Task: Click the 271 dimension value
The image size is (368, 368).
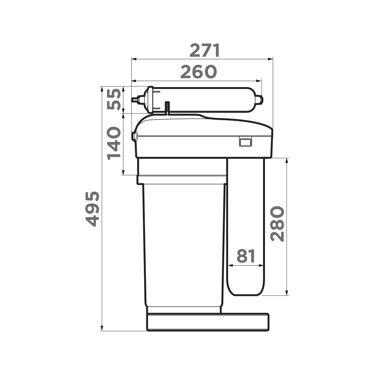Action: point(205,51)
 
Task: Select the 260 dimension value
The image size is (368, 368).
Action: point(198,72)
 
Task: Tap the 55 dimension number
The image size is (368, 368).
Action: point(113,100)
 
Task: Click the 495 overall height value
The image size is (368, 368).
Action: point(92,209)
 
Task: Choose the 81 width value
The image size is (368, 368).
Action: point(246,256)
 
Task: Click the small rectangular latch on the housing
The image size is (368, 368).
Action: point(245,142)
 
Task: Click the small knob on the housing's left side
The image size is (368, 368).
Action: point(134,136)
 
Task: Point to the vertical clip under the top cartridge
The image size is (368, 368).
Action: point(167,108)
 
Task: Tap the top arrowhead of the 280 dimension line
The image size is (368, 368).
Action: point(287,160)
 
